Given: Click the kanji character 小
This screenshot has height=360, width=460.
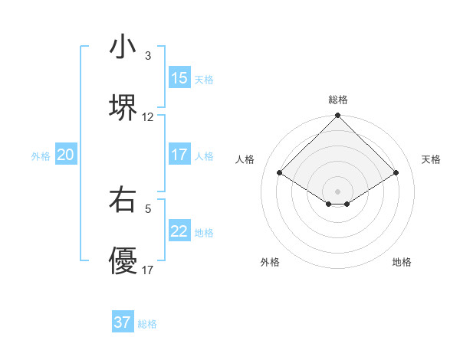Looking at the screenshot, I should click(x=123, y=47).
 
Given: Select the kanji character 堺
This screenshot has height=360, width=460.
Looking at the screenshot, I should click(x=123, y=107).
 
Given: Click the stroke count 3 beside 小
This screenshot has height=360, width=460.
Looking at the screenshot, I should click(x=148, y=56).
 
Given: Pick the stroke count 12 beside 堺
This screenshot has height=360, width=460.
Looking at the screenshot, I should click(x=148, y=117).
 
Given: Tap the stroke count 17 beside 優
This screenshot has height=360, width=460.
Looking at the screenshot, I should click(x=148, y=270).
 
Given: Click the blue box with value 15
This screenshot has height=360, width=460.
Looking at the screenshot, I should click(x=179, y=78).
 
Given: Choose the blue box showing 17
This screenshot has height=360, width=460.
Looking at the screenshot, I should click(x=179, y=155).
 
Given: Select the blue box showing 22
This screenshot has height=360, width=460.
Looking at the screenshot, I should click(x=179, y=231).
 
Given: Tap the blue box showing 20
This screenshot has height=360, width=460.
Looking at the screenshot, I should click(x=66, y=155).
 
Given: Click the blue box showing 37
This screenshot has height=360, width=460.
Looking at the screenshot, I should click(x=123, y=322).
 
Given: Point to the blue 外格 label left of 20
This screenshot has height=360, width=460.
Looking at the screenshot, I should click(x=41, y=156).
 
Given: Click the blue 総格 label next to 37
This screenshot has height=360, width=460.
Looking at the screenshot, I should click(x=147, y=324).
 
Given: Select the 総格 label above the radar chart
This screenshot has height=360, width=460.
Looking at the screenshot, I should click(x=338, y=100).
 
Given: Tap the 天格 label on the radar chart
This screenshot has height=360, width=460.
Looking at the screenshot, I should click(x=431, y=159).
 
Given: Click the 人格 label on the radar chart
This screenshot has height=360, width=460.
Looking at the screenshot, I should click(x=245, y=159).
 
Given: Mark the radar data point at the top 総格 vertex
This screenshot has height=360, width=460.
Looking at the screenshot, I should click(x=338, y=116).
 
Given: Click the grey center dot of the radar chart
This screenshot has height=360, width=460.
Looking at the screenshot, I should click(x=338, y=191).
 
